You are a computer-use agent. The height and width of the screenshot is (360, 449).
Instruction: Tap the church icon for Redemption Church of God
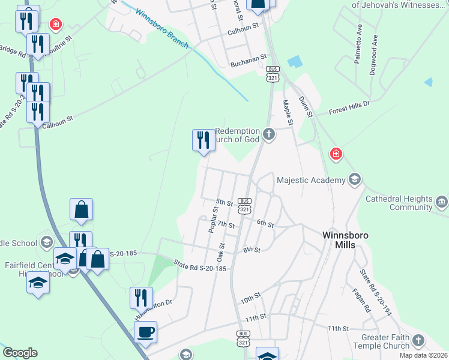click(269, 134)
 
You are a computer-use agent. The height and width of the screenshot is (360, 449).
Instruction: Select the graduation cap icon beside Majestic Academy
click(355, 179)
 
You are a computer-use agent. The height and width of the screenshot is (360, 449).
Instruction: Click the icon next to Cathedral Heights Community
click(442, 201)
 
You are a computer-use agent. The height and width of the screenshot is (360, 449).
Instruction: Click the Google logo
click(20, 353)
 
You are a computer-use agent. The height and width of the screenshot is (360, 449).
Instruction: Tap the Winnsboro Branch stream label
click(163, 30)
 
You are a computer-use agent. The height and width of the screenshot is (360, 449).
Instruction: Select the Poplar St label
click(212, 220)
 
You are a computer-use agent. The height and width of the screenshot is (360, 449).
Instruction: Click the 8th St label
click(252, 250)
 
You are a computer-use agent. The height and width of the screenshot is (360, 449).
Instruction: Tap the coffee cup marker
click(146, 332)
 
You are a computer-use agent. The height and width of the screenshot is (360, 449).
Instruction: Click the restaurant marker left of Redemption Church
click(202, 140)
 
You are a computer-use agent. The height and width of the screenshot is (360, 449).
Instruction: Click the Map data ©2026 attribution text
click(424, 355)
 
